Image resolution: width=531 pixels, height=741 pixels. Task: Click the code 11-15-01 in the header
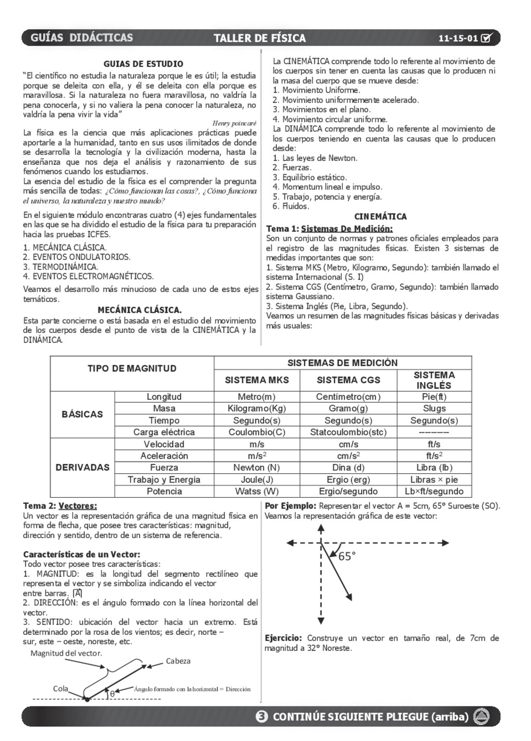click(x=458, y=38)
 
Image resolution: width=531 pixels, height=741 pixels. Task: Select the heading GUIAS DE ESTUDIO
click(x=143, y=64)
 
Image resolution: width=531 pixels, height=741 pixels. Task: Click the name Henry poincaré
click(x=234, y=123)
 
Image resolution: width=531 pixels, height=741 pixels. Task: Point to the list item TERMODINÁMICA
click(x=61, y=267)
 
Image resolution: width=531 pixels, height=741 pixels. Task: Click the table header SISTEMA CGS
click(x=348, y=380)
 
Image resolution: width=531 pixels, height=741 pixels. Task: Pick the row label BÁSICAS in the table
click(x=82, y=414)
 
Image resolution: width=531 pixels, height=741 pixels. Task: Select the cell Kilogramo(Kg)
click(x=257, y=408)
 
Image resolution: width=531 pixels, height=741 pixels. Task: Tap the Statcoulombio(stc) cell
click(x=348, y=432)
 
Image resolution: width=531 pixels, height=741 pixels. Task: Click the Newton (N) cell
click(x=257, y=468)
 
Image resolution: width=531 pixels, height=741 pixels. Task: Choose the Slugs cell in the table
click(x=434, y=408)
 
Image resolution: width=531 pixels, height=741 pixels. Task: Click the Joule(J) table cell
click(x=257, y=480)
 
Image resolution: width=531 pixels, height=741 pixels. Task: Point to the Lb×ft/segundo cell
click(x=434, y=491)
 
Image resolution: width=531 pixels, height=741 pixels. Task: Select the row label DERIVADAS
click(x=82, y=468)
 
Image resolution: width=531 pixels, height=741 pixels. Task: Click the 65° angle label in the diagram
click(x=347, y=557)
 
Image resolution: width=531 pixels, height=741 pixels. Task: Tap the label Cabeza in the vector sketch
click(x=178, y=661)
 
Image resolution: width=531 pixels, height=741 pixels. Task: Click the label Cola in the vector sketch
click(x=61, y=689)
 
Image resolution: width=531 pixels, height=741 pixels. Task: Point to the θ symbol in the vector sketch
click(x=112, y=693)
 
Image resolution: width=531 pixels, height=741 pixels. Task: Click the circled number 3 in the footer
click(x=262, y=717)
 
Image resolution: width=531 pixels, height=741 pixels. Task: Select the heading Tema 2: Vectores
click(x=60, y=506)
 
